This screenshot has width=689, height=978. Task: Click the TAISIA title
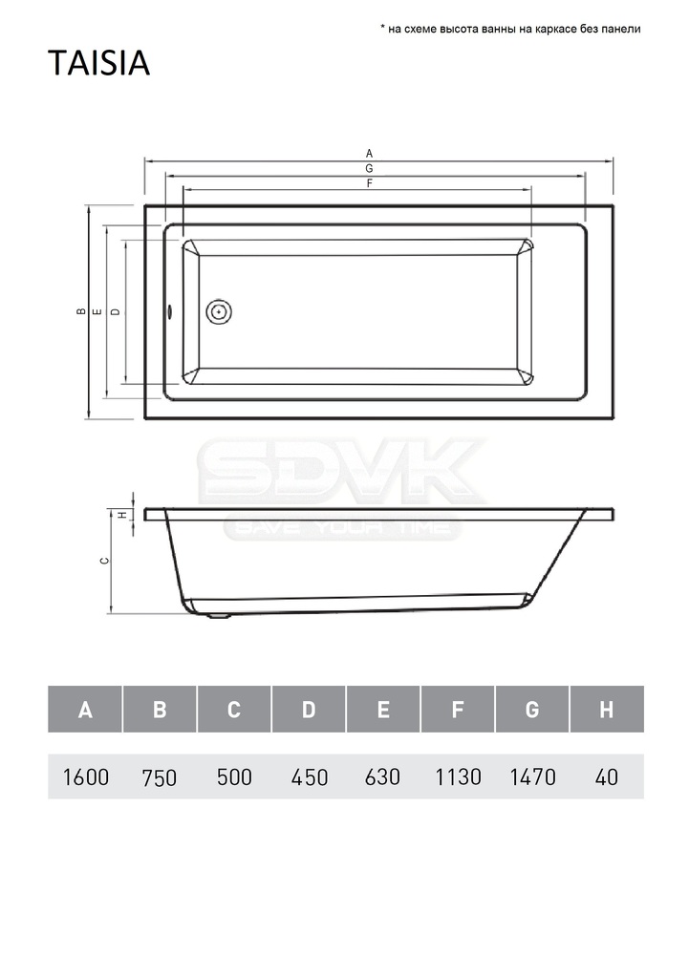[98, 63]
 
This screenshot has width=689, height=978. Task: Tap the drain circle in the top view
[219, 311]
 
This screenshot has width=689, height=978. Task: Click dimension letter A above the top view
[370, 154]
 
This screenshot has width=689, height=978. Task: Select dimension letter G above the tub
[370, 168]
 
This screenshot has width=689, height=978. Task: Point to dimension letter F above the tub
[370, 183]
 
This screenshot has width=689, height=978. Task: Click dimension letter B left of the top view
[80, 311]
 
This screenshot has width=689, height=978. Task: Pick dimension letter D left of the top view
[116, 311]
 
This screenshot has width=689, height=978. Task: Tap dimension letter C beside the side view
[105, 561]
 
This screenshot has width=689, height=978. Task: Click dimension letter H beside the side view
[123, 515]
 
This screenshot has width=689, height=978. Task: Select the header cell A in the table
[85, 710]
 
